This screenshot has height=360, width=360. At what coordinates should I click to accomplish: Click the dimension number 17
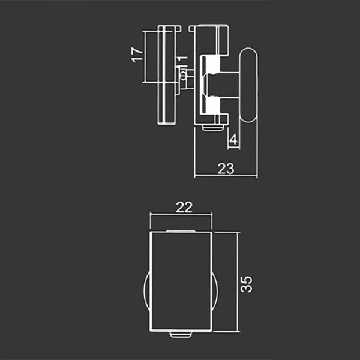point(137,55)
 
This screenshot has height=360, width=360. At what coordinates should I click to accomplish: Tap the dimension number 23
point(226,169)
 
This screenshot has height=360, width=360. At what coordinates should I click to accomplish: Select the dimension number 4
point(233,140)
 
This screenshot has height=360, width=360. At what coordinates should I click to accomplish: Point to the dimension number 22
point(184,208)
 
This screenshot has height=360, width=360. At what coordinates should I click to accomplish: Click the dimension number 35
point(246,284)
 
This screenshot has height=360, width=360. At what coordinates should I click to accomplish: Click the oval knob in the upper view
point(249,85)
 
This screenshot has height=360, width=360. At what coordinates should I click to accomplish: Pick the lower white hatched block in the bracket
point(213,105)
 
